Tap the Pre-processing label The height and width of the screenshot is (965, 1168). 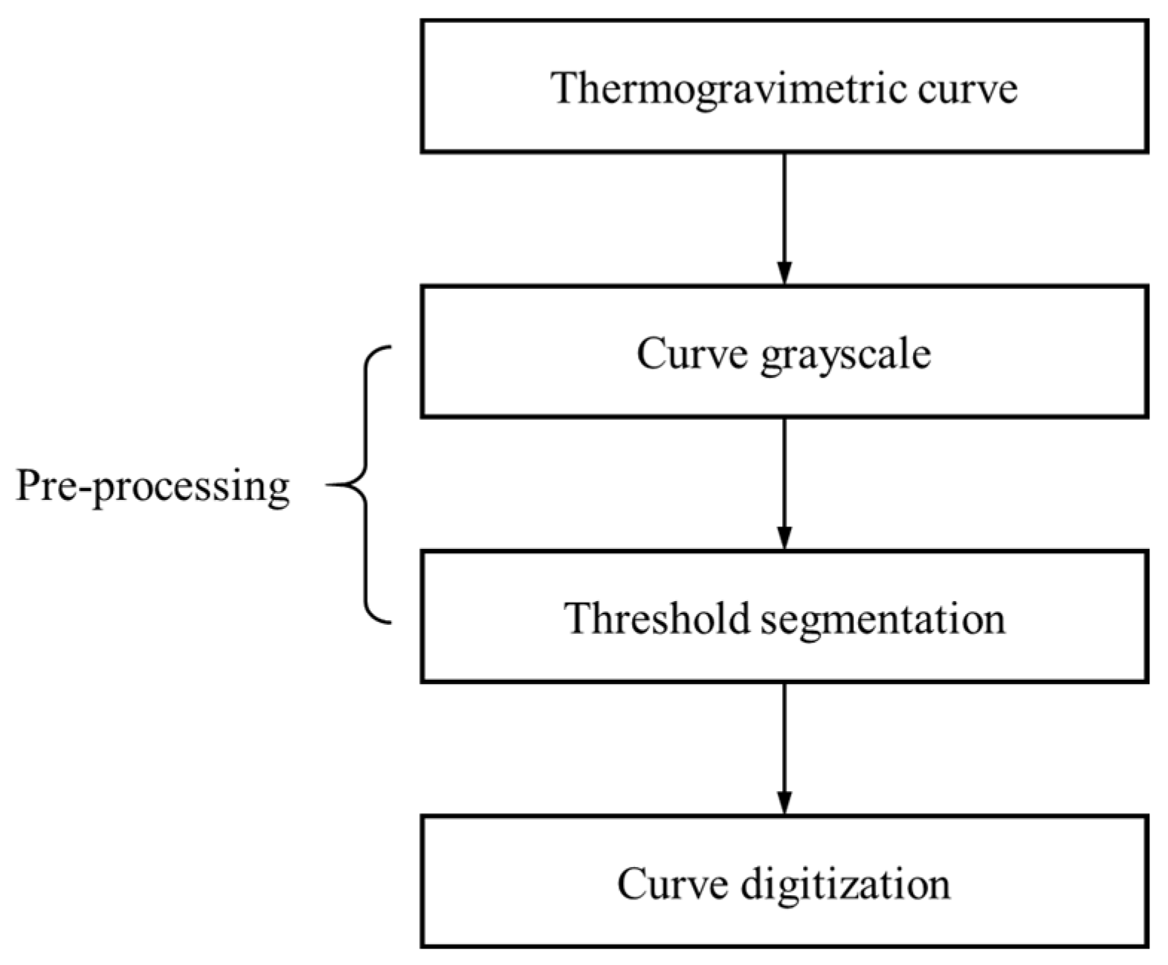152,487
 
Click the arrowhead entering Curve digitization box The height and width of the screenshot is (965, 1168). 784,802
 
